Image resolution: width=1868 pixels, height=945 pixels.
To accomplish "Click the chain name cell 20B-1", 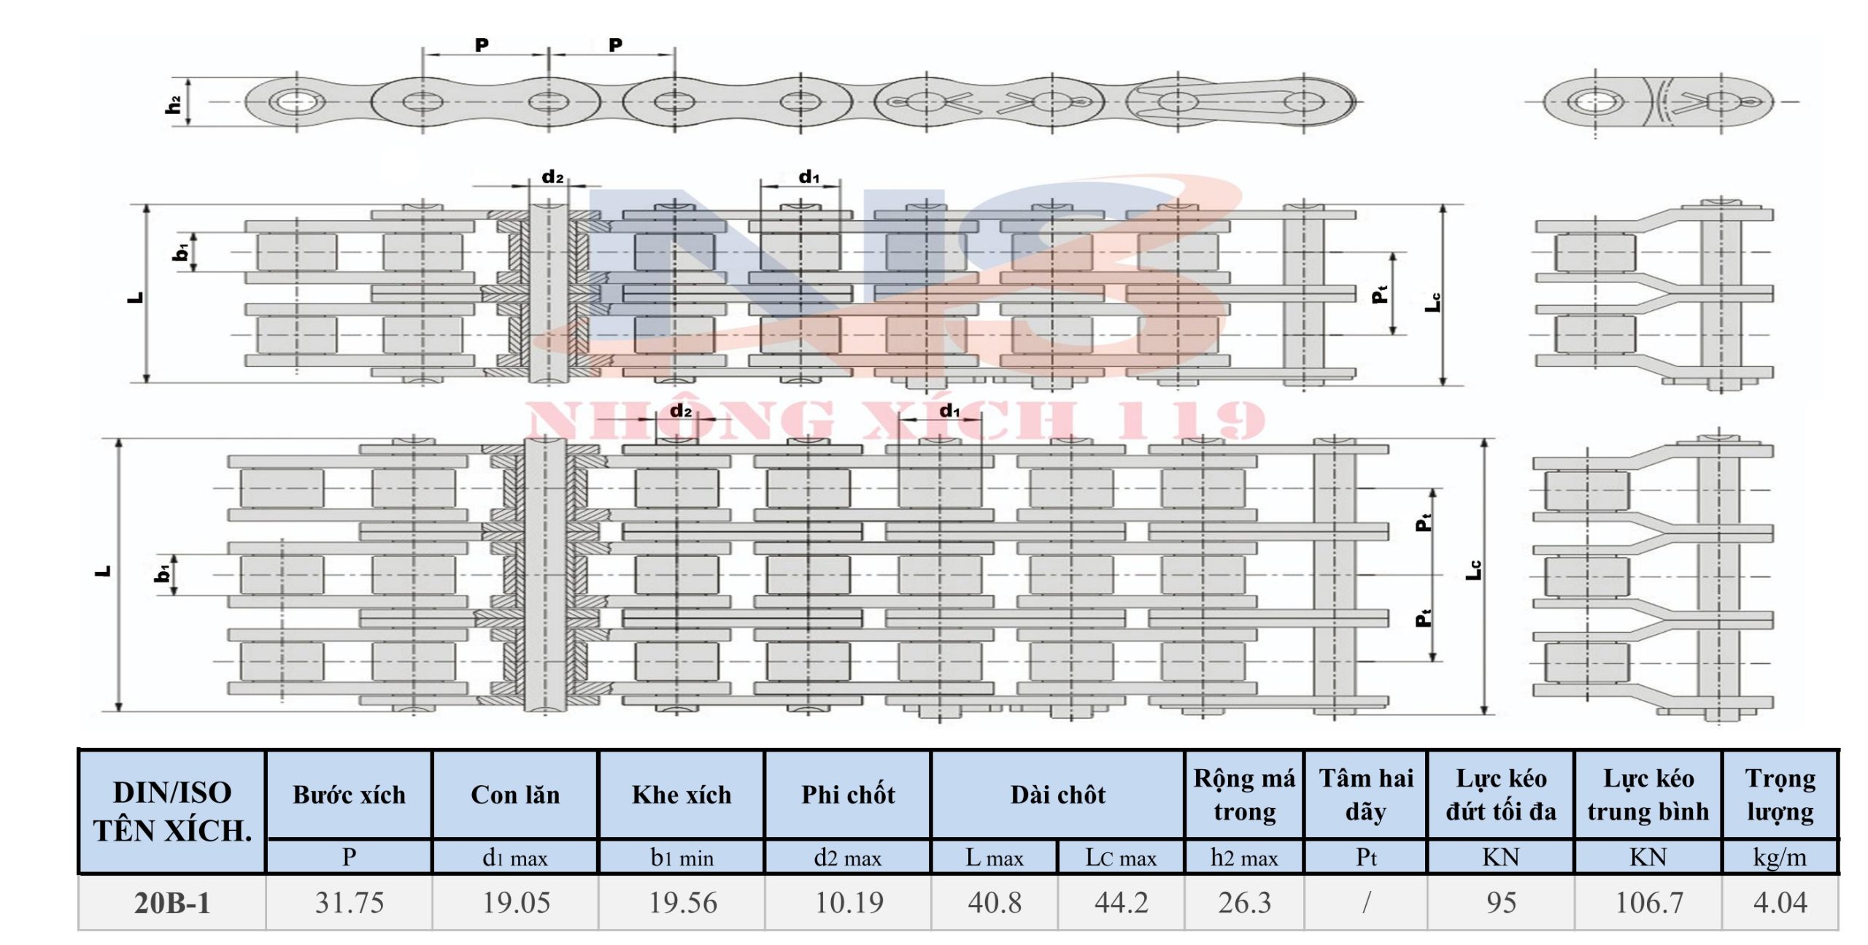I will (x=172, y=903).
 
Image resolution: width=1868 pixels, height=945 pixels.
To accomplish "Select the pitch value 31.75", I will (x=350, y=903).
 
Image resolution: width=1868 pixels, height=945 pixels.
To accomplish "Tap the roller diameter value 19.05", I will (x=516, y=903).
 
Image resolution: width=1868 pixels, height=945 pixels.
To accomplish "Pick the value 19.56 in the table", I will (x=683, y=903).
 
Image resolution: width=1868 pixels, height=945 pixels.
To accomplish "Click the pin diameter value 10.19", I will (x=849, y=903).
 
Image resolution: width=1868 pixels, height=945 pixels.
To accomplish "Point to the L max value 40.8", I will (x=995, y=903).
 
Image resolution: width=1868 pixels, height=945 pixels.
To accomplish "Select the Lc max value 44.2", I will (x=1122, y=903).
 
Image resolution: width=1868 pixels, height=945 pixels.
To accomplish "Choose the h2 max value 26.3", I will (x=1245, y=903).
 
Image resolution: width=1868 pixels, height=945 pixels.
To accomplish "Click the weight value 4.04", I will (x=1780, y=903).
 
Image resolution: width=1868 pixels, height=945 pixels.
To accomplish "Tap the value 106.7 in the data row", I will (x=1649, y=903).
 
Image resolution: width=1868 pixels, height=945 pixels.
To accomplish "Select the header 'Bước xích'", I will (x=350, y=795).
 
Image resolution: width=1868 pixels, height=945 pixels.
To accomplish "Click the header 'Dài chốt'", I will (x=1058, y=795).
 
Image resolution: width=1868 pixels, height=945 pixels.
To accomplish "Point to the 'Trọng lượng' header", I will (x=1780, y=795).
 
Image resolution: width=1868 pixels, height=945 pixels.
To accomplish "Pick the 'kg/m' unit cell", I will (x=1780, y=857).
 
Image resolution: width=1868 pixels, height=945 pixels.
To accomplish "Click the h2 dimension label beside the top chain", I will (x=174, y=104).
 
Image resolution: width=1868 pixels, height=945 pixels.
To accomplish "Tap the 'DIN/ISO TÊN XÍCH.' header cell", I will (x=172, y=811).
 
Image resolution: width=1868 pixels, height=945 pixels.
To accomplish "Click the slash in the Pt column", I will (x=1366, y=903).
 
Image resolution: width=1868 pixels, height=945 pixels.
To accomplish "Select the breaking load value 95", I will (x=1501, y=903).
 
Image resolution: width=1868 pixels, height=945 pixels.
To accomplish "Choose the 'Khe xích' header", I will (x=682, y=795).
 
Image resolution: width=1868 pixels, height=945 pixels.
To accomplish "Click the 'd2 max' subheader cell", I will (x=848, y=857).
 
